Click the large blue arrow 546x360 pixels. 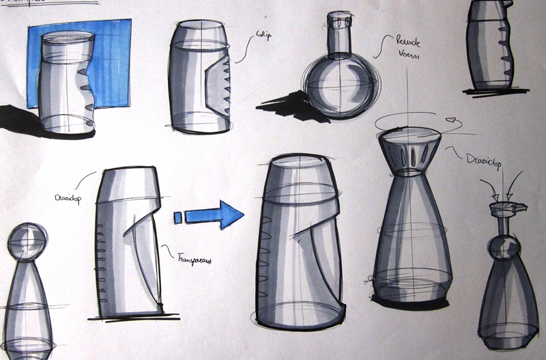[217, 214]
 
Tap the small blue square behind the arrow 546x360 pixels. [179, 217]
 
